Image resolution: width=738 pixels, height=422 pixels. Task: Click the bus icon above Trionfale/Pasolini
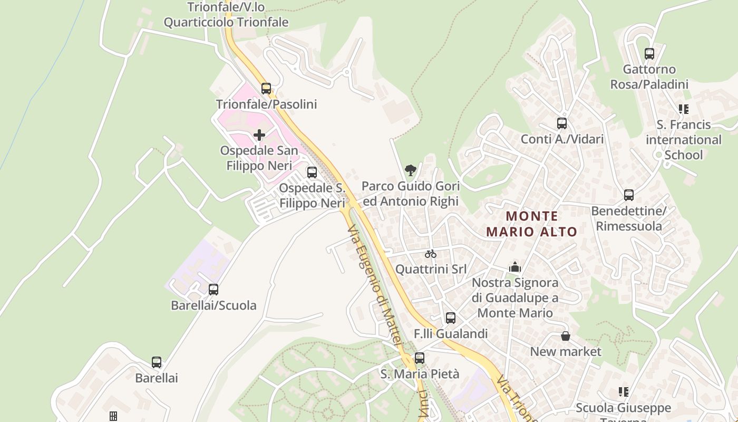(x=266, y=88)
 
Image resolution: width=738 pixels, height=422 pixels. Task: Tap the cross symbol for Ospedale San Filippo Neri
(x=259, y=135)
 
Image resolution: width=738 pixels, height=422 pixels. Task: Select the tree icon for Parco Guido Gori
(x=410, y=170)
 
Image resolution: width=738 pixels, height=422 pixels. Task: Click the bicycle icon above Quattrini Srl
(x=431, y=254)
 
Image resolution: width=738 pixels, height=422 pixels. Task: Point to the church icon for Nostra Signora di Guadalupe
(x=515, y=267)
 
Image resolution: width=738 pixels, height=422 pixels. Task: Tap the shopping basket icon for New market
(x=565, y=336)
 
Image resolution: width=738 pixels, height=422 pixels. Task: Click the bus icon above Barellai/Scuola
(x=213, y=289)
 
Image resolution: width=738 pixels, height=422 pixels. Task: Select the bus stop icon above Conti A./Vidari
(x=562, y=123)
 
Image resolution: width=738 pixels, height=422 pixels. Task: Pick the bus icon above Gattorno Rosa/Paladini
(x=649, y=53)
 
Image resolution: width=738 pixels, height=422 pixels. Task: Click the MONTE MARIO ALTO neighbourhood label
(x=531, y=224)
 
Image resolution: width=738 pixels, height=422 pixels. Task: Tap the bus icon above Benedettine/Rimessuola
(x=629, y=195)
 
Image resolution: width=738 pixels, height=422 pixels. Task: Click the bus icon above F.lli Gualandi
(x=451, y=318)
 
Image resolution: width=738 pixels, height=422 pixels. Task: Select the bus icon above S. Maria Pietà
(x=420, y=358)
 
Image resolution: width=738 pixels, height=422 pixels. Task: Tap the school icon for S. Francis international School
(x=684, y=109)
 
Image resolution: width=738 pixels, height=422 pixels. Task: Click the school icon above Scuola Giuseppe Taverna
(x=624, y=392)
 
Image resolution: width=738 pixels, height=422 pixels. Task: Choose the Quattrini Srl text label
(x=431, y=269)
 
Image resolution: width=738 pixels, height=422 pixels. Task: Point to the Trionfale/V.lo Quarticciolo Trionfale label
(x=226, y=15)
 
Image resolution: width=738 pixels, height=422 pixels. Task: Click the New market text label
(x=566, y=351)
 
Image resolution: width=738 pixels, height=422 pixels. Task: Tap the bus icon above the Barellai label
(x=157, y=362)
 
